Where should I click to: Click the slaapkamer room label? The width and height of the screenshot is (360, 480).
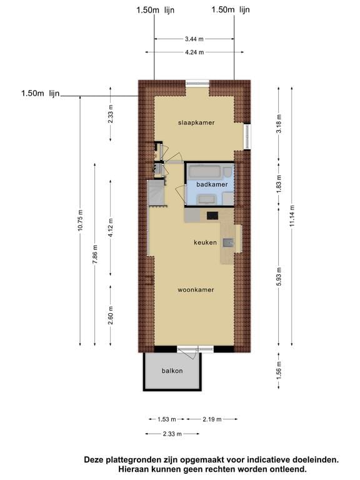tap(196, 122)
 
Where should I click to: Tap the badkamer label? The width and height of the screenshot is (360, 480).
tap(212, 184)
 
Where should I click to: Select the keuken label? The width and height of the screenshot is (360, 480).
tap(205, 242)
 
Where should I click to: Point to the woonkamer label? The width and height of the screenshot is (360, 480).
tap(196, 289)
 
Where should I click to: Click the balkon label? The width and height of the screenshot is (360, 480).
tap(172, 371)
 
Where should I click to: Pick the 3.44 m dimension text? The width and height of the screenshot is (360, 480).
tap(194, 39)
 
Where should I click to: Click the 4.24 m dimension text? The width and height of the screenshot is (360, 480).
tap(194, 52)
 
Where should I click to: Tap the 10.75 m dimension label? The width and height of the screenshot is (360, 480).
tap(80, 220)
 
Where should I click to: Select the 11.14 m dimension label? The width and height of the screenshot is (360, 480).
tap(292, 216)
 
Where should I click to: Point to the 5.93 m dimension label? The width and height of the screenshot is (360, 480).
tap(279, 276)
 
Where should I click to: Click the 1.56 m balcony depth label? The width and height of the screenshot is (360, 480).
tap(279, 370)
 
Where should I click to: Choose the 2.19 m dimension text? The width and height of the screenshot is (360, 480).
tap(212, 419)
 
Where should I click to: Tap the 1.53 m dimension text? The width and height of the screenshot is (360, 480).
tap(167, 419)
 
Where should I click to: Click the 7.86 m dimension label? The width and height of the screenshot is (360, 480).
tap(95, 254)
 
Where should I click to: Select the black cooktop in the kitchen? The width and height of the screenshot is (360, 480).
tap(212, 216)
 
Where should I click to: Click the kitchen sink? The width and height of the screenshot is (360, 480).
tap(228, 242)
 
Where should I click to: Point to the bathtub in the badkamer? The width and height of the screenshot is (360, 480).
tap(204, 172)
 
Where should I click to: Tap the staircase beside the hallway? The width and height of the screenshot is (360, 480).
tap(157, 193)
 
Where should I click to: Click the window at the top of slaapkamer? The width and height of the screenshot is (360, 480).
tap(197, 83)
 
